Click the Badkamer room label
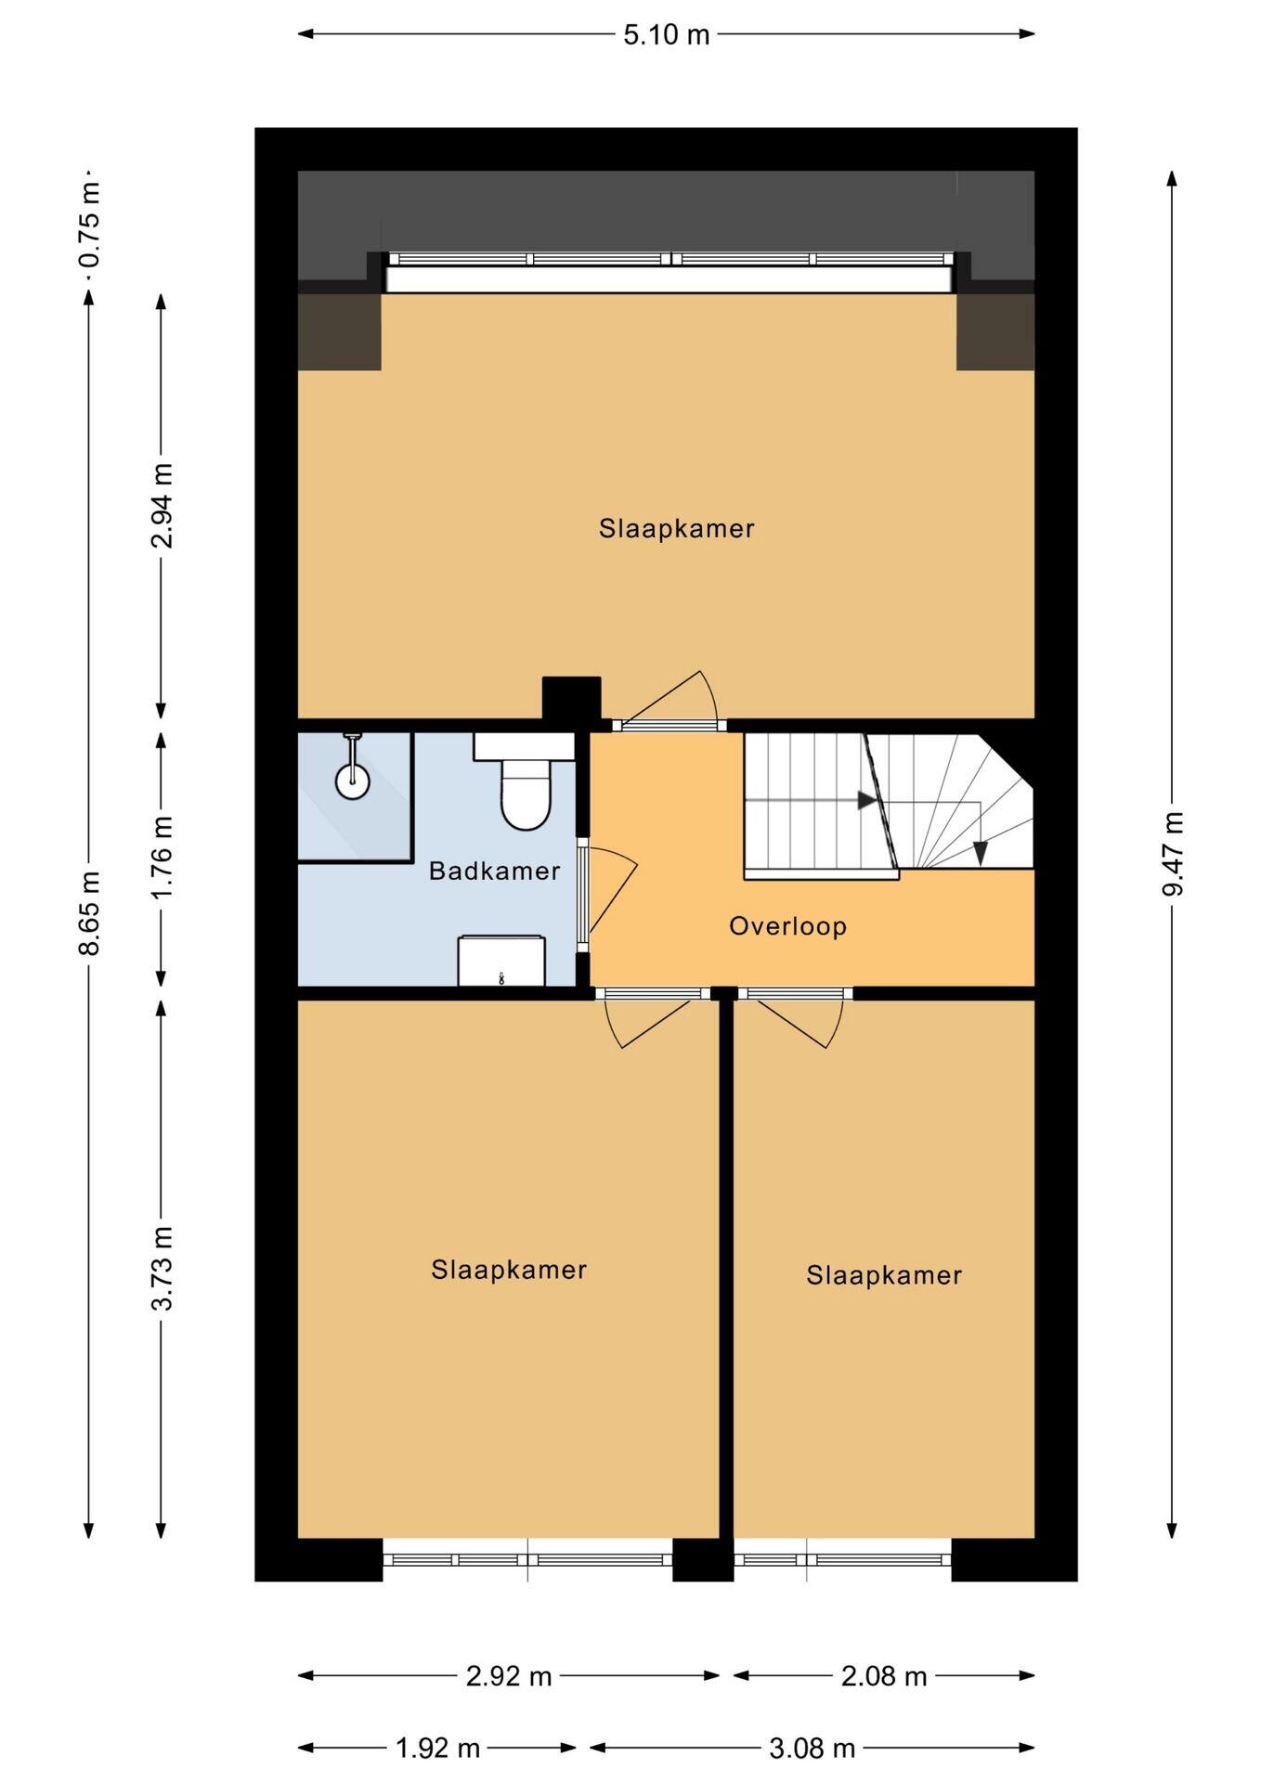coord(494,872)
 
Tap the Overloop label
coord(787,926)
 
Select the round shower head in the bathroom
coord(353,781)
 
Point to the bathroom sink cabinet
coord(501,961)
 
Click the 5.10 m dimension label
coord(666,35)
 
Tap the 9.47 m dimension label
coord(1173,854)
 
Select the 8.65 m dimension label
coord(89,912)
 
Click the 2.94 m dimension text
coord(162,506)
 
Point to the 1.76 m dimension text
coord(162,858)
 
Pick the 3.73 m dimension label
coord(162,1268)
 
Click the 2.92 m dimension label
coord(509,1676)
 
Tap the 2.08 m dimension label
coord(884,1676)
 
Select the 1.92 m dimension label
coord(437,1749)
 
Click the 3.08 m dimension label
coord(812,1749)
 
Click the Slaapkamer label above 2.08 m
coord(884,1275)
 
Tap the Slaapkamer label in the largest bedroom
coord(676,528)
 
